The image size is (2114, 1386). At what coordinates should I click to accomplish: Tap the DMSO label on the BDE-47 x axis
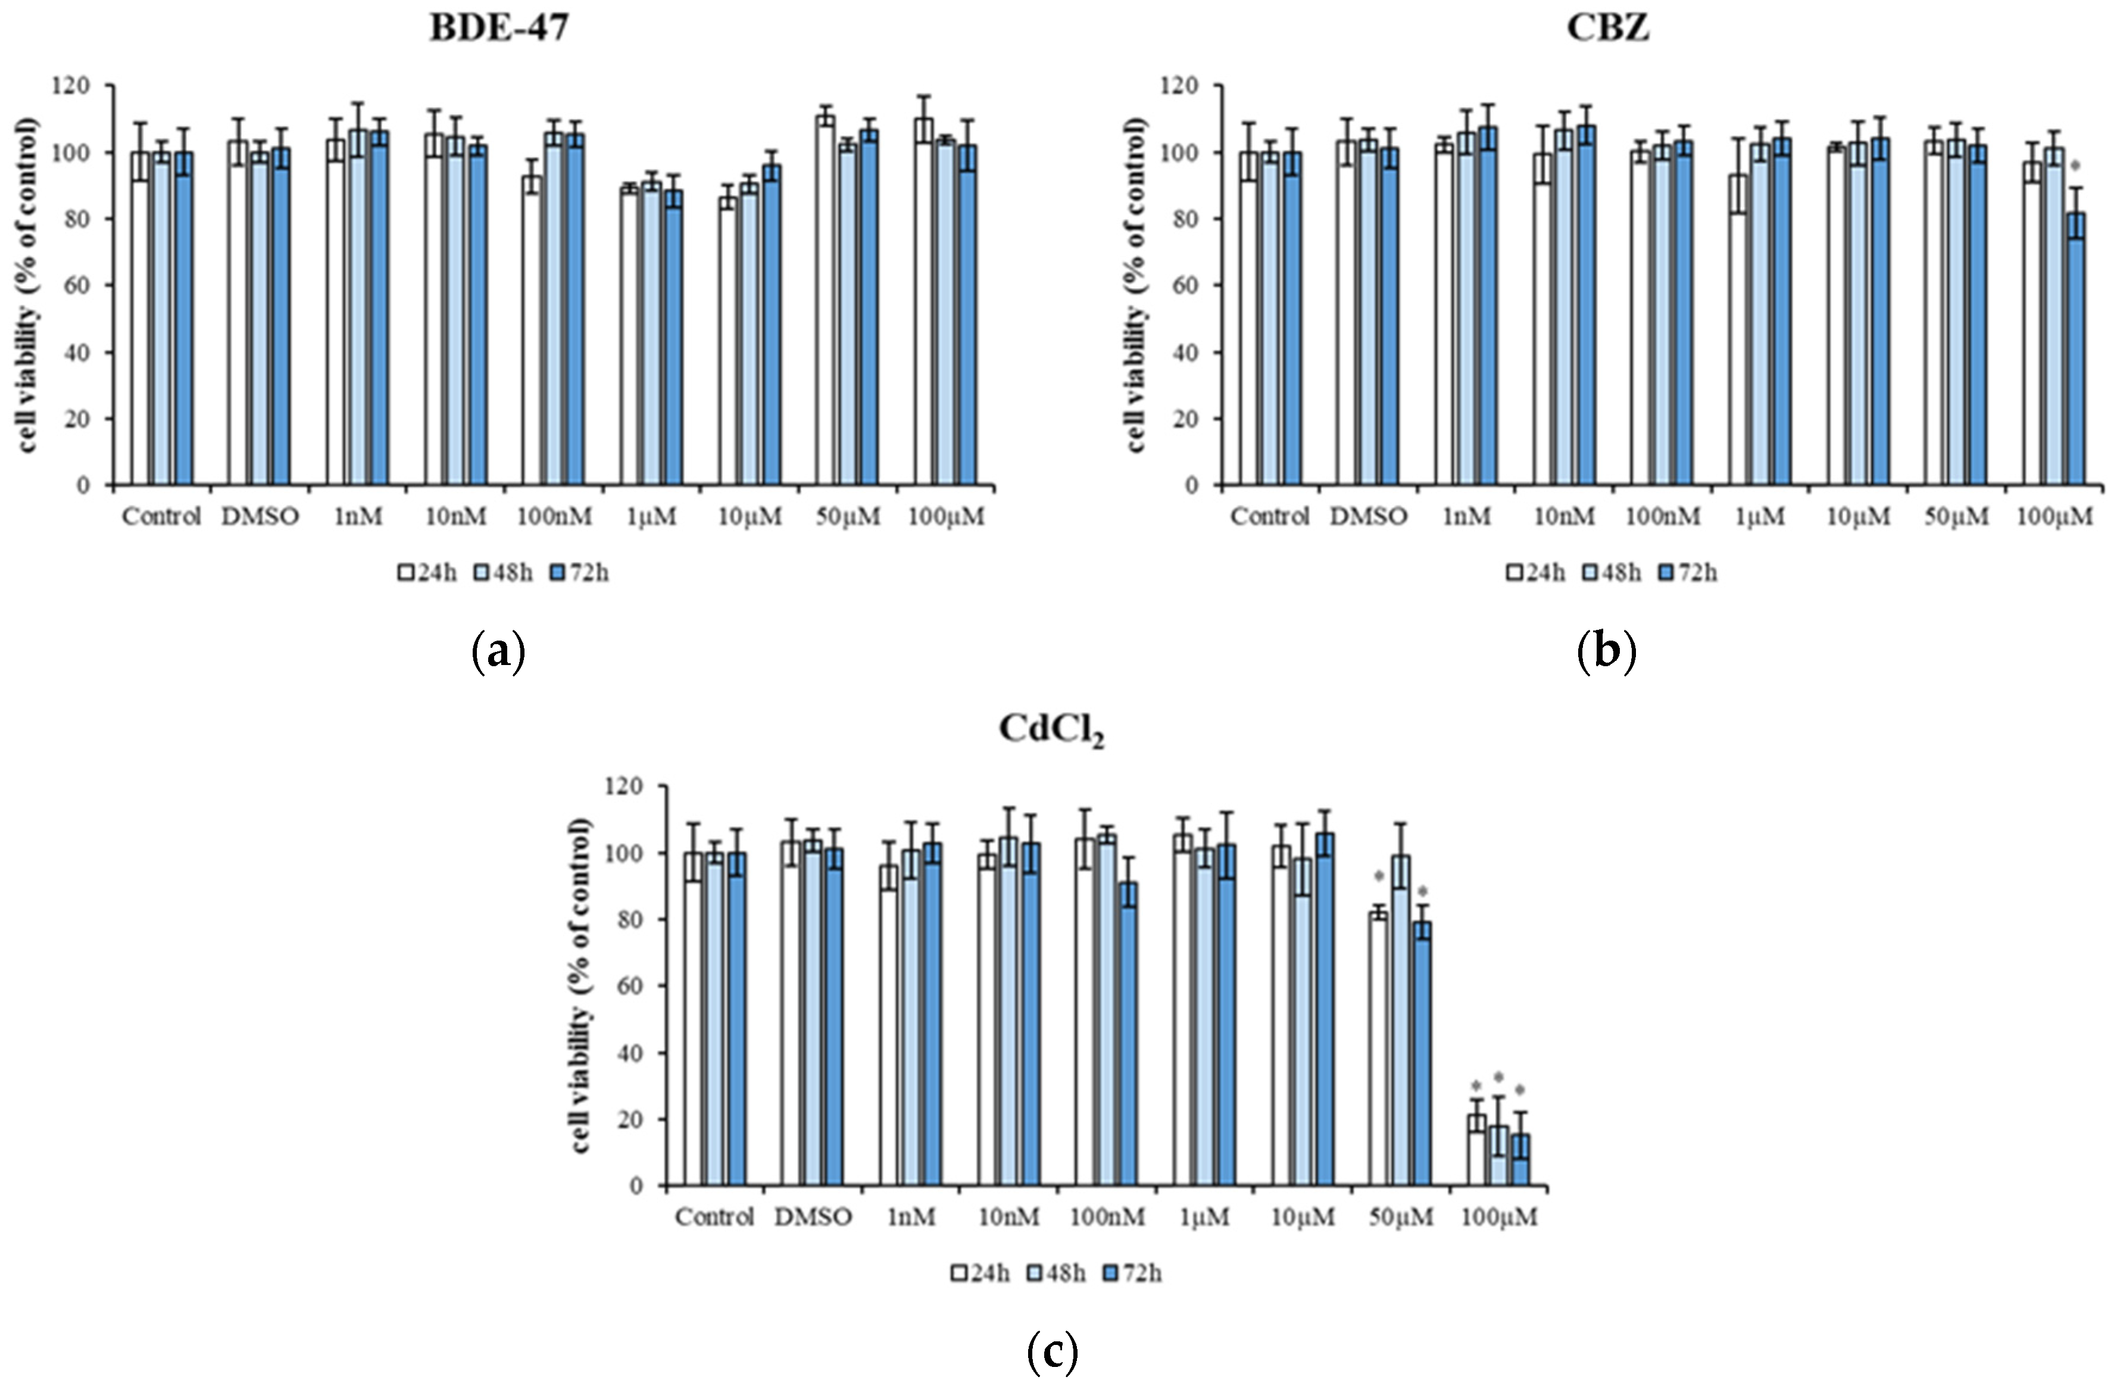(260, 516)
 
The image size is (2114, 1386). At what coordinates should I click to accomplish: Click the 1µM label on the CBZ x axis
(1760, 516)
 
